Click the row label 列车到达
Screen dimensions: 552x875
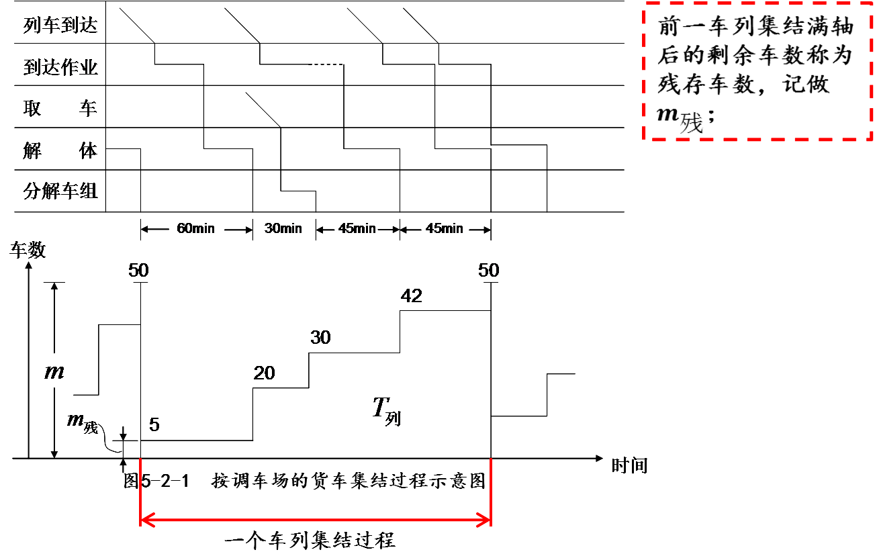coord(60,26)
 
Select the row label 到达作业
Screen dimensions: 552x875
coord(60,67)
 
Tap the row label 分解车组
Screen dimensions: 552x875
coord(60,191)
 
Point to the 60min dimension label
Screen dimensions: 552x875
coord(195,228)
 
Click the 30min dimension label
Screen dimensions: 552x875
coord(283,228)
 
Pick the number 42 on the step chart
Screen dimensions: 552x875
coord(411,295)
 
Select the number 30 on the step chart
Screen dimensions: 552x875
coord(320,337)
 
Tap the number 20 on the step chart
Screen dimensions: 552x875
coord(264,373)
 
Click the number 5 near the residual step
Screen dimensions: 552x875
coord(154,425)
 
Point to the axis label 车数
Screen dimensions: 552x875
coord(28,250)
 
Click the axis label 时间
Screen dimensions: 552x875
coord(629,465)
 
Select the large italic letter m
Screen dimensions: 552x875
coord(54,371)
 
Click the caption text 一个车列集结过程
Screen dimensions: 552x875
coord(309,539)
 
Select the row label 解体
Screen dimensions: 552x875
coord(60,150)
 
